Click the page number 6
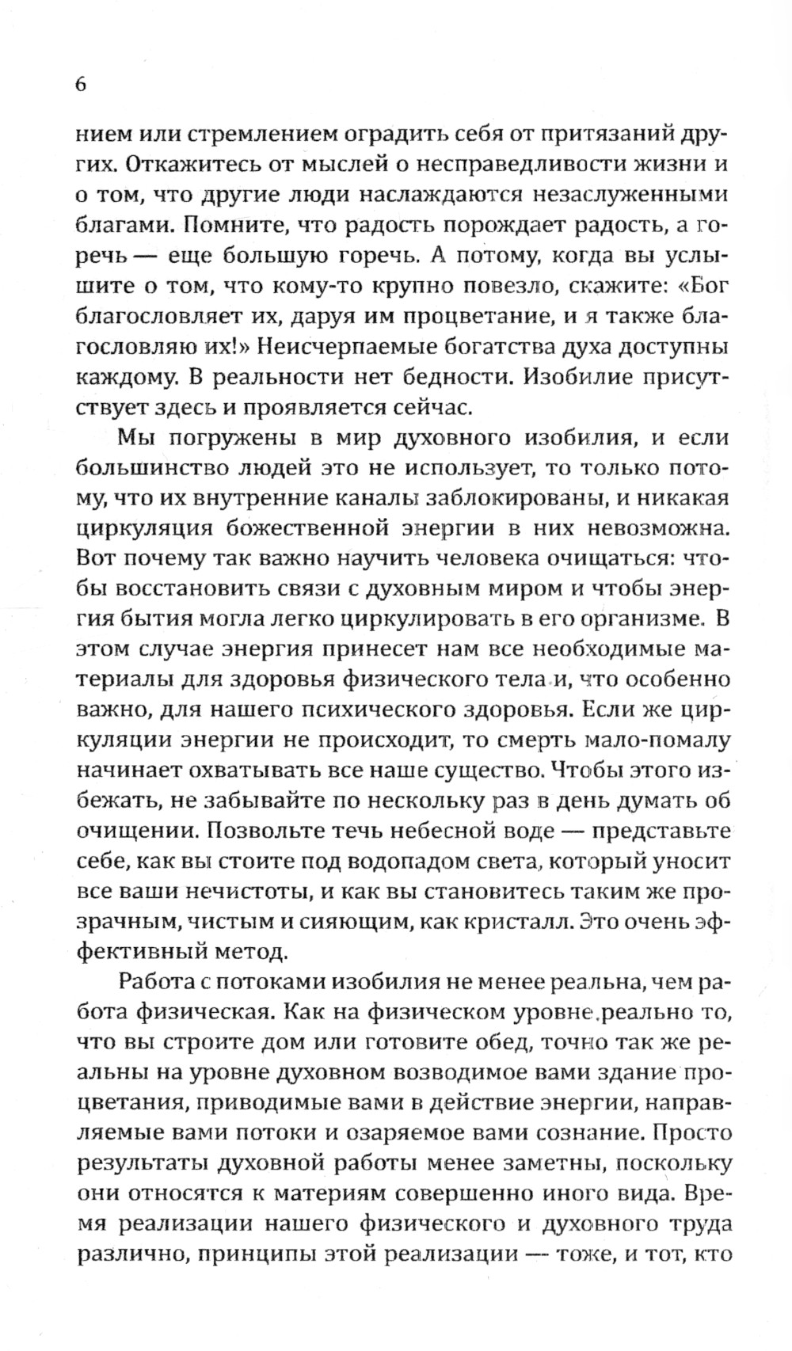(x=80, y=86)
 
